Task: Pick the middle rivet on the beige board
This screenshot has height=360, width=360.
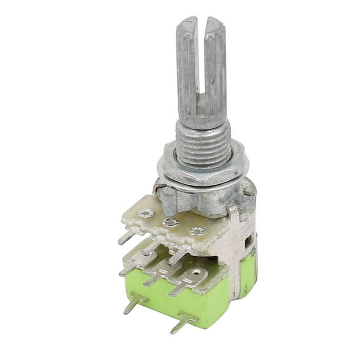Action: coord(171,222)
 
